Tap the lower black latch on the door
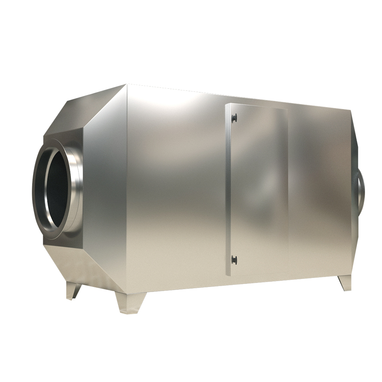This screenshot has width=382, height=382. point(233,259)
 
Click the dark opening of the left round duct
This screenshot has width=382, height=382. point(58,187)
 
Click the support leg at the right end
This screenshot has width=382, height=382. point(344,283)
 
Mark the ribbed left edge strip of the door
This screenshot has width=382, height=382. point(228,189)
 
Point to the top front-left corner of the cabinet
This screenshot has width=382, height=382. point(127,85)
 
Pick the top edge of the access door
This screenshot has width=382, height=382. point(257,105)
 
